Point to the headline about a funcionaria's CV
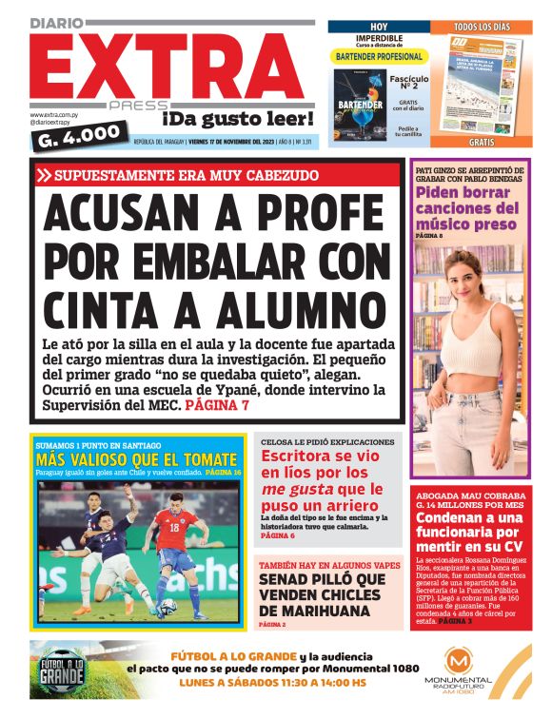tap(468, 532)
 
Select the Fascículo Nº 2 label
tap(408, 86)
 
